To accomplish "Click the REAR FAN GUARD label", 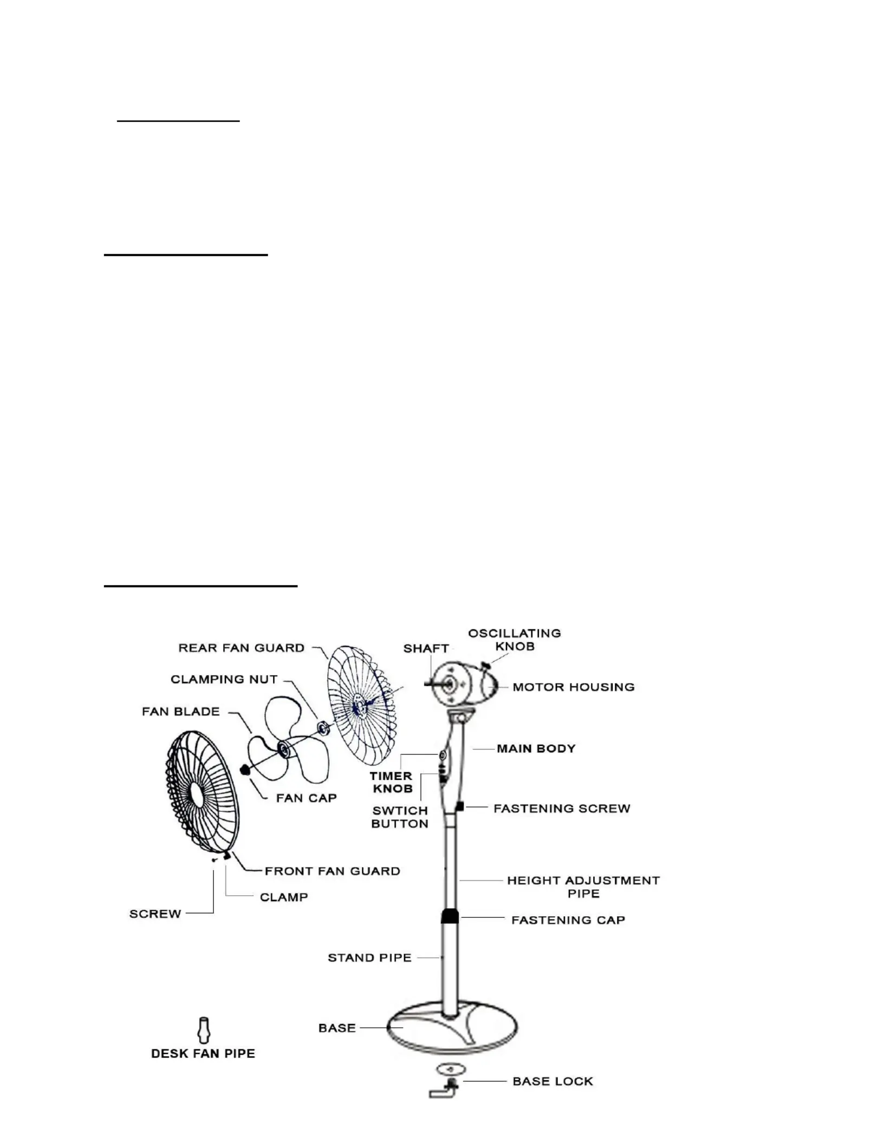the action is click(x=241, y=648).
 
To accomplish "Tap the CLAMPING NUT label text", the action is click(x=224, y=679).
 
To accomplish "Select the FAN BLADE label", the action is click(x=181, y=711).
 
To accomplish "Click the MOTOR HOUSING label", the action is click(x=573, y=687).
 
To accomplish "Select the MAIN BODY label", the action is click(x=536, y=748).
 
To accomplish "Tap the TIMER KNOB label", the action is click(x=392, y=782).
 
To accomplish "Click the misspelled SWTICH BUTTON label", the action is click(x=400, y=817).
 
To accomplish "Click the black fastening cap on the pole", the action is click(x=450, y=916).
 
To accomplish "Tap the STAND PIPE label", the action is click(x=369, y=957).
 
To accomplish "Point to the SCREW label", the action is click(x=155, y=914).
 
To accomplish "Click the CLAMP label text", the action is click(x=284, y=897).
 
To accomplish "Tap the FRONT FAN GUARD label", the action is click(x=332, y=871).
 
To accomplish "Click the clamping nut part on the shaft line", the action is click(x=323, y=727).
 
